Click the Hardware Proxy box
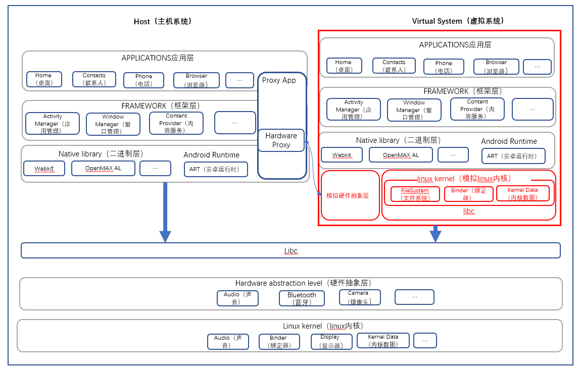pos(281,140)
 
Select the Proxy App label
pos(279,80)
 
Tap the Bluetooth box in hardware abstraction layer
pos(302,298)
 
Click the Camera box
pos(360,297)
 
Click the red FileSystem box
pos(415,194)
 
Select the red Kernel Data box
pos(522,193)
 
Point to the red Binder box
pos(468,194)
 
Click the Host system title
pos(163,22)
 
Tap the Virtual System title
pos(458,21)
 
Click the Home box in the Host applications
pos(44,79)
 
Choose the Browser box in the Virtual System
pos(496,66)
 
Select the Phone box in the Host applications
pos(143,80)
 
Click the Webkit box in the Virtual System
pos(342,155)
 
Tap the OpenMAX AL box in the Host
pos(103,168)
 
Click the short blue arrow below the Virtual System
pos(436,233)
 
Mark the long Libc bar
pos(291,250)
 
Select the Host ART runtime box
pos(216,169)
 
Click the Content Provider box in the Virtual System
pos(477,109)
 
